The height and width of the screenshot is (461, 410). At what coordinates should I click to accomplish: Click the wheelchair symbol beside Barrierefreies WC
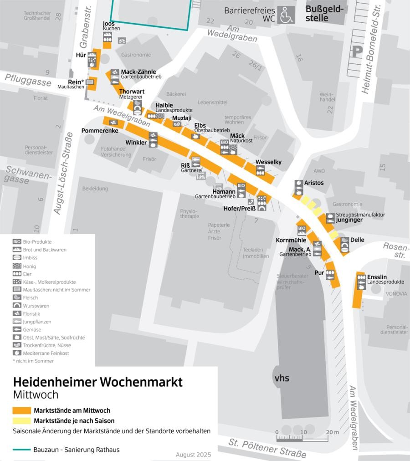coord(287,15)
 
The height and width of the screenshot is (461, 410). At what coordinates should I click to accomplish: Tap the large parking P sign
coord(356,51)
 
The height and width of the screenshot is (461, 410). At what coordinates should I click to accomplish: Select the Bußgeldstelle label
coord(324,14)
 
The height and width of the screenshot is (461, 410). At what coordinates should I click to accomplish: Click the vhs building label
coord(282,378)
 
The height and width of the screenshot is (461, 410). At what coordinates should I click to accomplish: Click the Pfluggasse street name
coord(28,80)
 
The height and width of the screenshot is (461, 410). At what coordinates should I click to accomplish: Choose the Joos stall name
coord(108,24)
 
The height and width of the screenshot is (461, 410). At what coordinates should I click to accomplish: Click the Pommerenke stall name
coord(100,131)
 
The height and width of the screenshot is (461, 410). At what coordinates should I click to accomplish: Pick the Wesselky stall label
coord(268,162)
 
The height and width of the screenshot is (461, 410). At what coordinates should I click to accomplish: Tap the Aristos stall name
coord(314,183)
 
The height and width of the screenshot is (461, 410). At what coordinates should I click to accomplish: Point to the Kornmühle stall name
coord(291,240)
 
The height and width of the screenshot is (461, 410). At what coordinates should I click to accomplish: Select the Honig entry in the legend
coord(29,266)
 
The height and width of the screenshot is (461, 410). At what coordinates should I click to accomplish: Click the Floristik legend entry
coord(32,313)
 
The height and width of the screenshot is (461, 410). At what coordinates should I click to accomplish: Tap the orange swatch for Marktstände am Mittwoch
coord(22,410)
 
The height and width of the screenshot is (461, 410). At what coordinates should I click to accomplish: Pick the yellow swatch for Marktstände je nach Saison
coord(22,420)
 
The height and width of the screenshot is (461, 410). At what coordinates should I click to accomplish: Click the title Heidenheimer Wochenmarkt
coord(97,382)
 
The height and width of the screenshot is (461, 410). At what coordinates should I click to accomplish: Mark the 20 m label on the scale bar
coord(333,432)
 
